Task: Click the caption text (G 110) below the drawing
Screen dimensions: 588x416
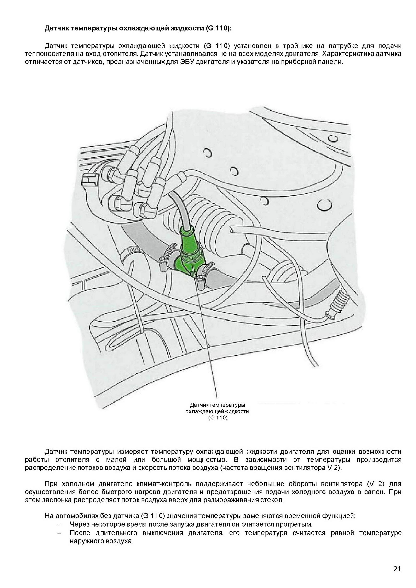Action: pos(218,418)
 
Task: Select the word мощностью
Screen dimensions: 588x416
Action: pos(207,459)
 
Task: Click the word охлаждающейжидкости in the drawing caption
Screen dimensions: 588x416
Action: pos(217,412)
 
